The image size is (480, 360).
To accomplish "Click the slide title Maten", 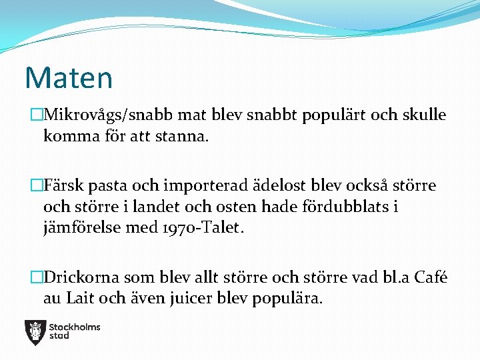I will (x=69, y=77).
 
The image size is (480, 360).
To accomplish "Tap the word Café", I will (x=431, y=277).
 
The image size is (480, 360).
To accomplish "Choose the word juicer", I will (x=189, y=298).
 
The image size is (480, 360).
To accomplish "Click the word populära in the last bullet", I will (x=287, y=298).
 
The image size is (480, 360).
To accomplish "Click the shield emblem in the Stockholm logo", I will (x=35, y=331).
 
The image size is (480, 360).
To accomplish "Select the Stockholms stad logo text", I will (x=74, y=331).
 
